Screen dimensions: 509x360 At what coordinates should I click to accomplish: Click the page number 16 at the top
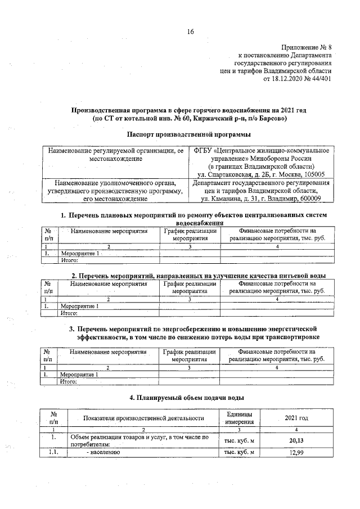(x=190, y=31)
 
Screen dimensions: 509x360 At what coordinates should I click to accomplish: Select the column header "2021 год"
(x=297, y=418)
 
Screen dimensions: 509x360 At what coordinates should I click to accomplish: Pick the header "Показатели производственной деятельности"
(x=143, y=418)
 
